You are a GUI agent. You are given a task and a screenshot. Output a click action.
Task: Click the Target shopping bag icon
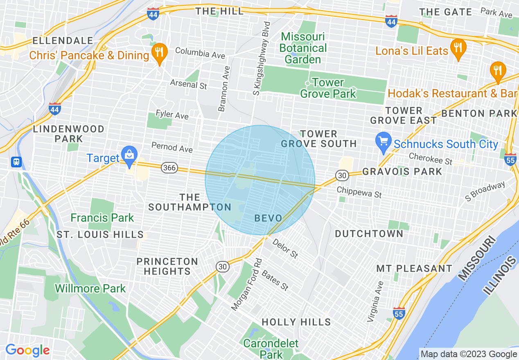pos(129,155)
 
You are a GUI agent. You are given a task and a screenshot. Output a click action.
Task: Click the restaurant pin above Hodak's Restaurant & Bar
pos(497,70)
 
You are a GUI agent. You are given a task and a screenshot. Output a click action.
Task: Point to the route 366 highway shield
pos(169,167)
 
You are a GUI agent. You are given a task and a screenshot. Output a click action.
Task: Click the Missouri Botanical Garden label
pos(303,48)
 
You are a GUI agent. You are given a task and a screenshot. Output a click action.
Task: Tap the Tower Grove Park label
pos(328,88)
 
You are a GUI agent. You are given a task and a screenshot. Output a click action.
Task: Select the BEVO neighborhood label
pos(269,218)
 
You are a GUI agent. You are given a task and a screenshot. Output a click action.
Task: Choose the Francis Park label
pos(102,218)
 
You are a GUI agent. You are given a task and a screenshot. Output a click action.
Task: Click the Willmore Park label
pos(90,288)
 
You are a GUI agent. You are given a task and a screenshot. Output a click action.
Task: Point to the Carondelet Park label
pos(271,348)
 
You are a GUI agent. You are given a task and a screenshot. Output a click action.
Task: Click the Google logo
pos(27,350)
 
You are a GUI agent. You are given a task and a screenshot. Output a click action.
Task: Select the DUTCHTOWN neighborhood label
pos(369,234)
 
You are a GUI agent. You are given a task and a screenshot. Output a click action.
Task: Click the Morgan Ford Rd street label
pos(246,284)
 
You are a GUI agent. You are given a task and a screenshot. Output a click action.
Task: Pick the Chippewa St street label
pos(359,192)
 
